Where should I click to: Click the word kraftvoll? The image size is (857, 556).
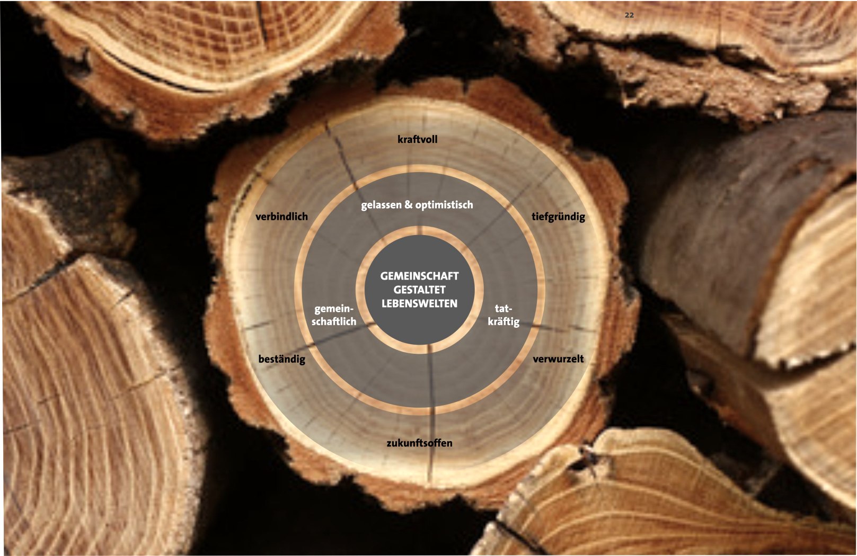coord(417,139)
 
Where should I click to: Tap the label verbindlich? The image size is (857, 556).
coord(281,217)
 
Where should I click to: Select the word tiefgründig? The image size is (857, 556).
coord(558,217)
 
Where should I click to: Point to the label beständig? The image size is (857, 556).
coord(281,359)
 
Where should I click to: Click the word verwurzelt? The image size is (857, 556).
coord(558,359)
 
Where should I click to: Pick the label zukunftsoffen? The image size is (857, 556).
coord(419,443)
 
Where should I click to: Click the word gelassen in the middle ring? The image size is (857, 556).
coord(381,205)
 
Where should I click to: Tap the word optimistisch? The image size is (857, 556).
coord(444,205)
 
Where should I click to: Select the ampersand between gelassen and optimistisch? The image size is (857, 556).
coord(408,205)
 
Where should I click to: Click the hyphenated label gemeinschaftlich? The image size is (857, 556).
coord(334,315)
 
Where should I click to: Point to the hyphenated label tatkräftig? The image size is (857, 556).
coord(503,315)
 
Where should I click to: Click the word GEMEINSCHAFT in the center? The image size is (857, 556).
coord(419,276)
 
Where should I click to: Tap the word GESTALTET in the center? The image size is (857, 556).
coord(419,290)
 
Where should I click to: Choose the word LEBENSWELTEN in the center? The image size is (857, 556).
coord(419,303)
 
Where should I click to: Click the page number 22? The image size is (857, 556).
coord(629,15)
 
